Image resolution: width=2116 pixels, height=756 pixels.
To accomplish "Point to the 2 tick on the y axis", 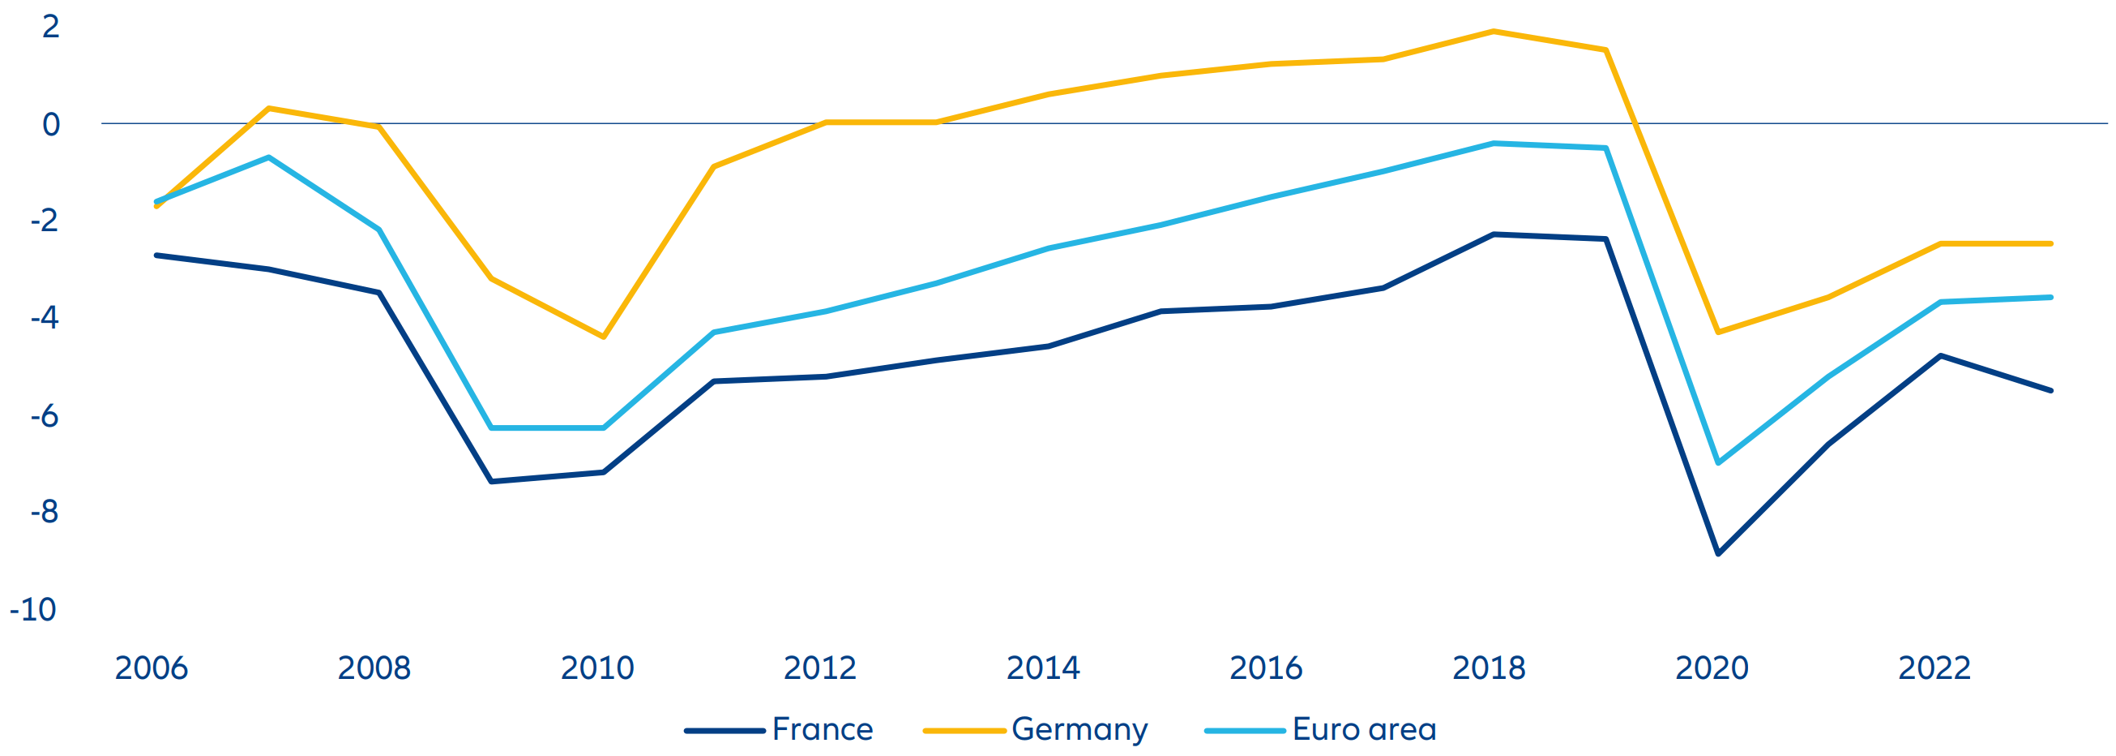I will coord(51,27).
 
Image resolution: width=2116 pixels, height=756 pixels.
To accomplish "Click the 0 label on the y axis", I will coord(51,125).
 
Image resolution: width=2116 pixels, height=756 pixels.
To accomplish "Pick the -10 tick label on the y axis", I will coord(33,610).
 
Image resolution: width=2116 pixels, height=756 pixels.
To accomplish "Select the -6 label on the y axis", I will coord(45,416).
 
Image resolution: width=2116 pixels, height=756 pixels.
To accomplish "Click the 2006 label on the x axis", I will coord(151,668).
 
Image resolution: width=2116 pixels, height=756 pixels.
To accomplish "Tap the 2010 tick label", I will coord(597,668).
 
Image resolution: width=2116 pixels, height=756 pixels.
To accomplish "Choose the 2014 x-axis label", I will coord(1043,668).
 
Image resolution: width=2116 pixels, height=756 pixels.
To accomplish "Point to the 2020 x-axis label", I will coord(1712,668).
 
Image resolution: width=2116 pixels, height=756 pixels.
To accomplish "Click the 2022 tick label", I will coord(1934,668).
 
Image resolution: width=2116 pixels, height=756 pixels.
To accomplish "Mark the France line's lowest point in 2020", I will coord(1718,554).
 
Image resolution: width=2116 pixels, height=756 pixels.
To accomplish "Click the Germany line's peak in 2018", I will coord(1493,31).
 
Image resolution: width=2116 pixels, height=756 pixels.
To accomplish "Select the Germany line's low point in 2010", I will coord(604,337).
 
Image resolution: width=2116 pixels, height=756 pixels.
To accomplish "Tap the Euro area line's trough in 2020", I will coord(1718,463).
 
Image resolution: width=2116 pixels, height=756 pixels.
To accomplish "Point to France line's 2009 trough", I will coord(491,482).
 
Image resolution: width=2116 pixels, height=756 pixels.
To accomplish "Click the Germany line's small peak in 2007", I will coord(268,109).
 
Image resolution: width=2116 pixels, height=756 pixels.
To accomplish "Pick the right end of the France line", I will coord(2051,390).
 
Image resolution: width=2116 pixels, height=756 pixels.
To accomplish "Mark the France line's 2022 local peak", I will coord(1940,356).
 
